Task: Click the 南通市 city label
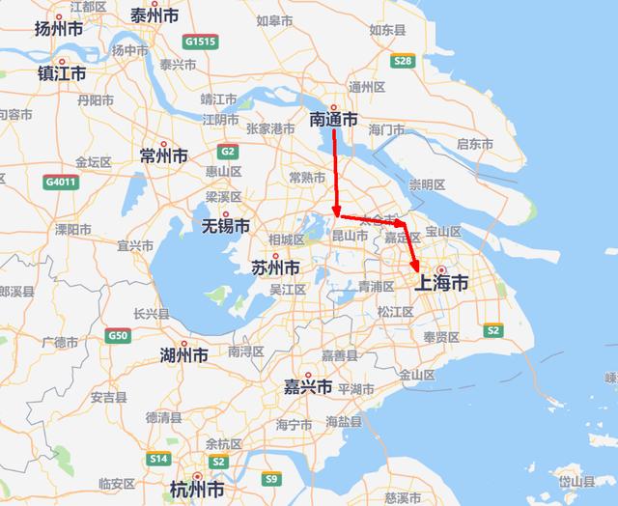333,120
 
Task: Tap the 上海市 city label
440,283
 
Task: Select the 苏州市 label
274,267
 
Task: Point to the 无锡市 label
225,226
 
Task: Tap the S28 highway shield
404,62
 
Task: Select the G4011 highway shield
58,181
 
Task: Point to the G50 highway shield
118,335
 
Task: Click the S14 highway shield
159,458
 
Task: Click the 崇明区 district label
427,184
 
